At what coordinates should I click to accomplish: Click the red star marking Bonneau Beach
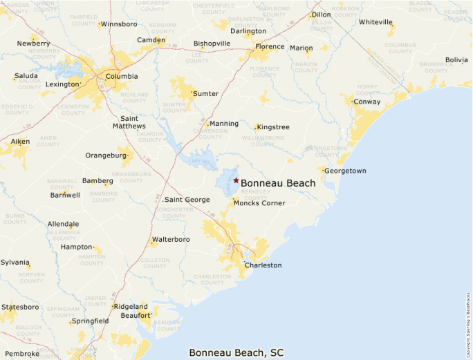click(x=236, y=180)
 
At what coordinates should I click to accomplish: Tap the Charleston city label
click(x=263, y=265)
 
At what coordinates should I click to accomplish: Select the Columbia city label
click(x=122, y=77)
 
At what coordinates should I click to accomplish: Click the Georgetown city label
click(x=345, y=171)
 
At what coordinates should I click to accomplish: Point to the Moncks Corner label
click(x=259, y=203)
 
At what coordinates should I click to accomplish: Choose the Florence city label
click(x=270, y=47)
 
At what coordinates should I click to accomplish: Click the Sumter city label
click(x=205, y=93)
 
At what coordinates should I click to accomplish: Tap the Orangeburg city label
click(x=106, y=155)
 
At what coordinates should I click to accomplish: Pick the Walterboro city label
click(x=171, y=240)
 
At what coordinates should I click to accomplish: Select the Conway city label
click(x=367, y=102)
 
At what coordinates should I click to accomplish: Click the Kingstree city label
click(x=273, y=127)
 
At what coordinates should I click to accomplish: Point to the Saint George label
click(x=187, y=200)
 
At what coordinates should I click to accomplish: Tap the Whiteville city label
click(x=375, y=22)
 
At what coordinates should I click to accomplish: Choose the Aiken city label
click(x=20, y=141)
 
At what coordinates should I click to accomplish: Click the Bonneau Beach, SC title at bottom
click(x=236, y=352)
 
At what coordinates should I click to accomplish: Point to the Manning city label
click(x=224, y=124)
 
